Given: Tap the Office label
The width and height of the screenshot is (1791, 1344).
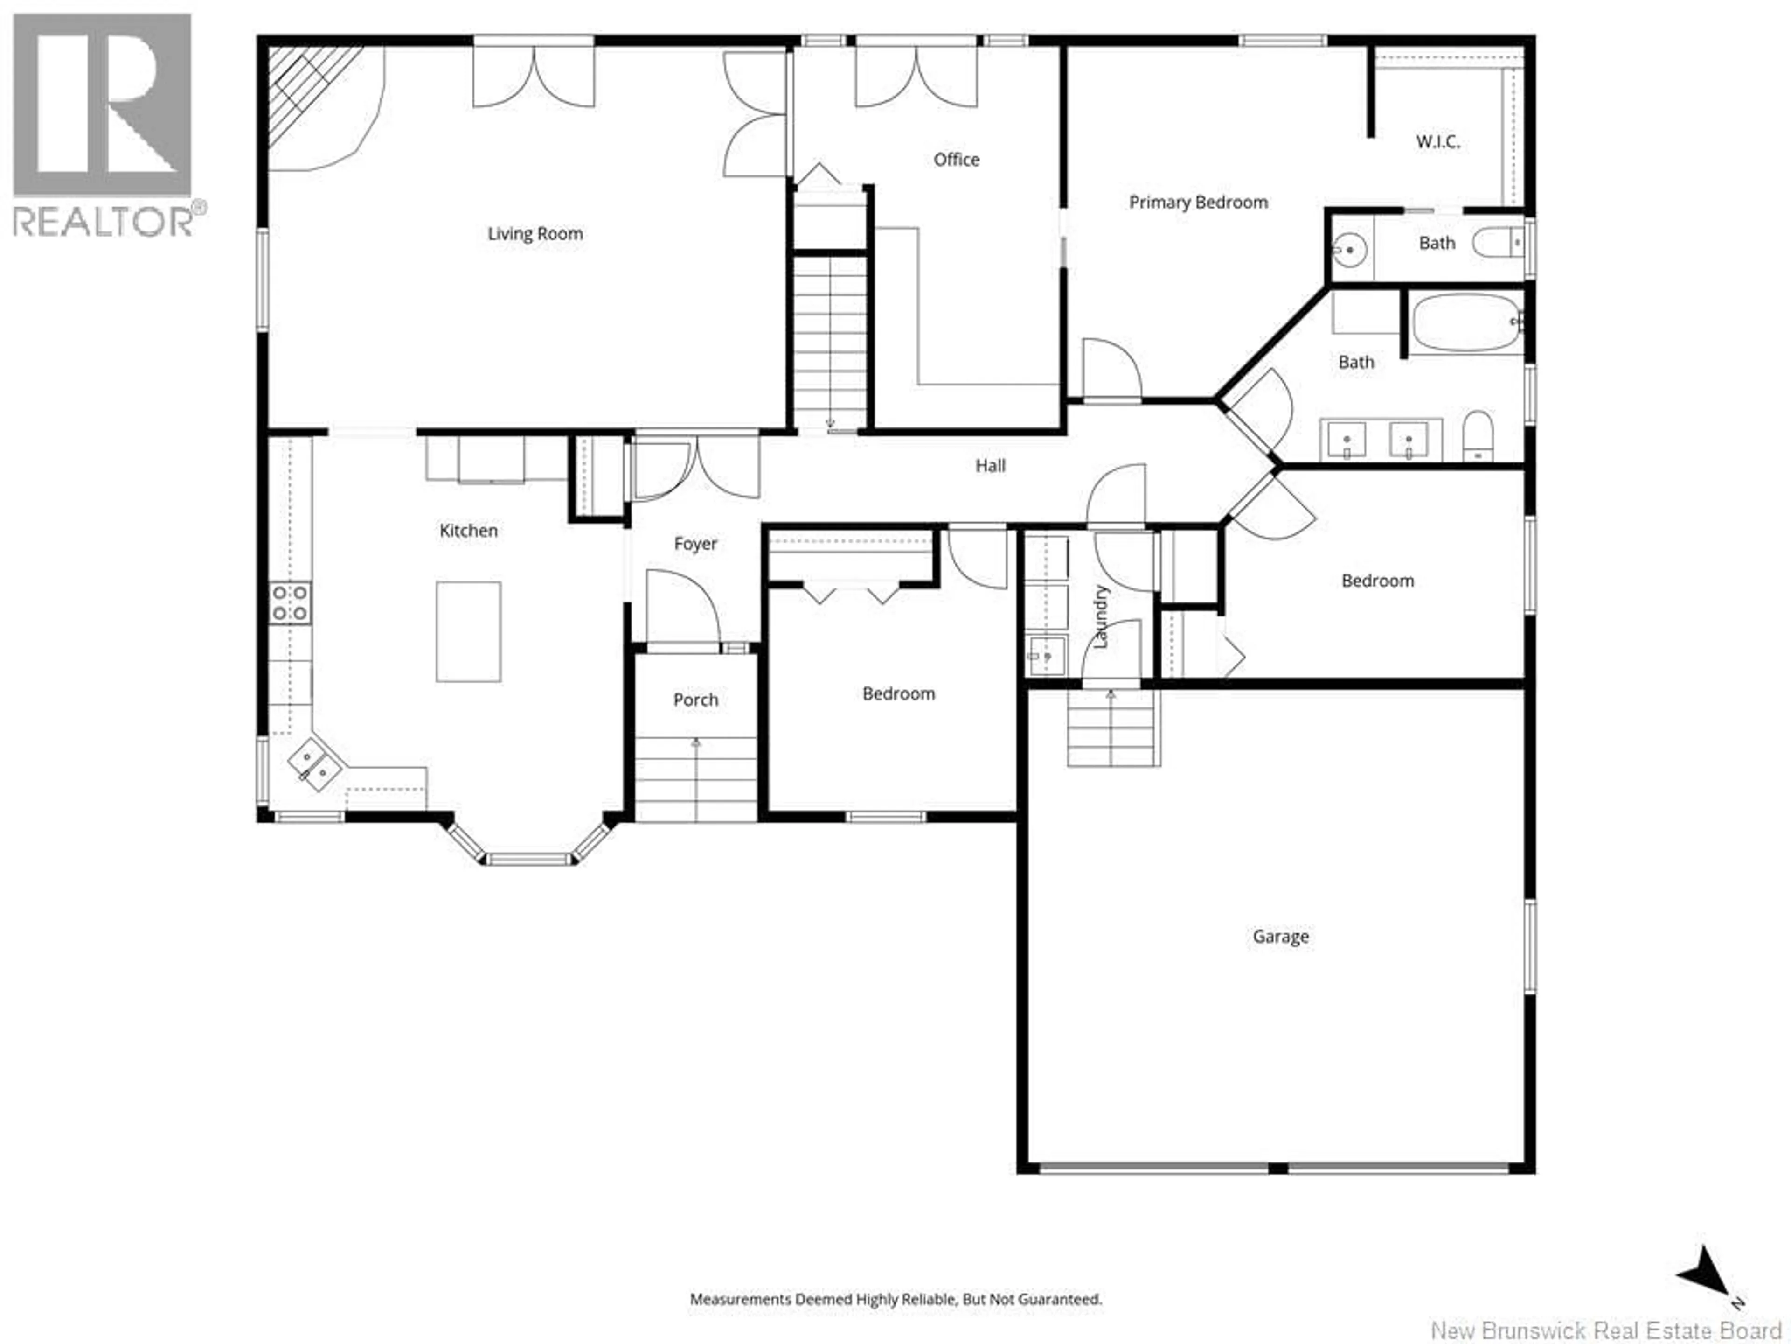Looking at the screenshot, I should [x=956, y=160].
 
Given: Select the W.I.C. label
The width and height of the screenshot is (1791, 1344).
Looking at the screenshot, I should [x=1438, y=142].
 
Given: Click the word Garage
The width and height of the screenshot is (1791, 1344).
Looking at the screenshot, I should [x=1280, y=937].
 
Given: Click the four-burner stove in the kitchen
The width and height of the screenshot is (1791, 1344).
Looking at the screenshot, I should [x=290, y=603].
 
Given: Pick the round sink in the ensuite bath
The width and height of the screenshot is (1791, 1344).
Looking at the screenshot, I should [x=1349, y=250].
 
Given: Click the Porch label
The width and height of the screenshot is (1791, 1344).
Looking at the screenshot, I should [x=695, y=700].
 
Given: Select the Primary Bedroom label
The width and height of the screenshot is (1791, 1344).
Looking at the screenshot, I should [x=1198, y=203].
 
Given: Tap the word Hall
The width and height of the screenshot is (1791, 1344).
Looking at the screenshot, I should [x=990, y=466].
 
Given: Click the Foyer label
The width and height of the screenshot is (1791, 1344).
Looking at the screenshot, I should [x=695, y=544].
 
